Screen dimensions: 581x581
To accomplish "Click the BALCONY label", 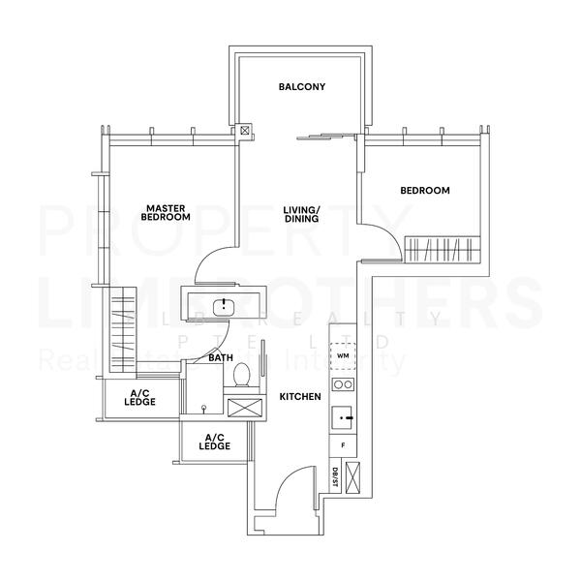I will coord(301,87).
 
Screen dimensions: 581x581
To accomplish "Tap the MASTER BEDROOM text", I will coord(165,212).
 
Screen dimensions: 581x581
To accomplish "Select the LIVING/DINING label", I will coord(301,214).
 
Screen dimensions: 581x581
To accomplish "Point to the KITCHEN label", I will coord(300,397).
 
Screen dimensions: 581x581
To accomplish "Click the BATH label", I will coord(221,358).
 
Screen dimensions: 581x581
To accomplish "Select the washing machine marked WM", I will coord(343,355).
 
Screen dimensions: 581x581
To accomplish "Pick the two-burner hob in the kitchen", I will coord(343,384).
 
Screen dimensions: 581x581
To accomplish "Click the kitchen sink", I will coord(342,418).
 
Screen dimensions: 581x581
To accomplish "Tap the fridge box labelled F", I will coord(343,445).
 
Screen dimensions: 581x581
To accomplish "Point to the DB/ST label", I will coord(334,474).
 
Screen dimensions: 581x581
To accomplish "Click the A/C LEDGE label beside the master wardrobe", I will coord(139,397).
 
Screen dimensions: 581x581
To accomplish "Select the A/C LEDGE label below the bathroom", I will coord(214,442).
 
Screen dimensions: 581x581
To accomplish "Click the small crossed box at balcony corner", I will coord(246,129).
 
